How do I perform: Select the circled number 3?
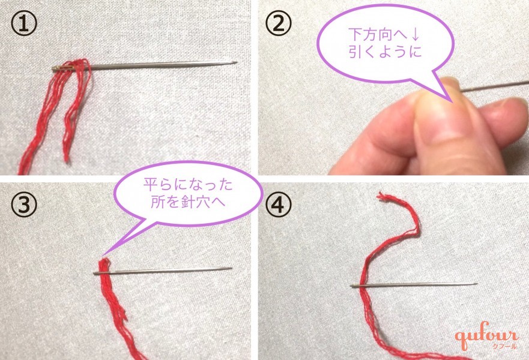(x=22, y=205)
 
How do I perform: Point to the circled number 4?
(x=279, y=205)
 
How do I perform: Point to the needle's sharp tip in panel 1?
(x=235, y=62)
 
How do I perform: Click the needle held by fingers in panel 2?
(x=492, y=85)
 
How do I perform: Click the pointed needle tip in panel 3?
(x=231, y=268)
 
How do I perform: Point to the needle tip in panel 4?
(x=476, y=284)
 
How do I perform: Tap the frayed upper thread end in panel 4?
(x=384, y=198)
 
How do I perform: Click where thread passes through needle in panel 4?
(x=364, y=286)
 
